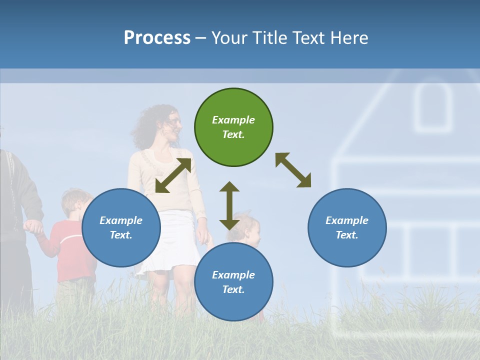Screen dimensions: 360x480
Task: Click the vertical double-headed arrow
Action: pyautogui.click(x=229, y=205)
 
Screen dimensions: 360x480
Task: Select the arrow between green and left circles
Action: pyautogui.click(x=173, y=175)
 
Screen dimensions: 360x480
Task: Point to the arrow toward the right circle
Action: pyautogui.click(x=293, y=170)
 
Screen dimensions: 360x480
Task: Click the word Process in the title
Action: pyautogui.click(x=157, y=37)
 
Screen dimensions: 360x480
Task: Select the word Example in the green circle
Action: pyautogui.click(x=233, y=120)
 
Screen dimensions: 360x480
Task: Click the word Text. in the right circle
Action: pyautogui.click(x=347, y=235)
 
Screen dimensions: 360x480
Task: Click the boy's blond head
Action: pyautogui.click(x=76, y=202)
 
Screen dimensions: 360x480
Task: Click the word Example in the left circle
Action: pyautogui.click(x=121, y=220)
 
